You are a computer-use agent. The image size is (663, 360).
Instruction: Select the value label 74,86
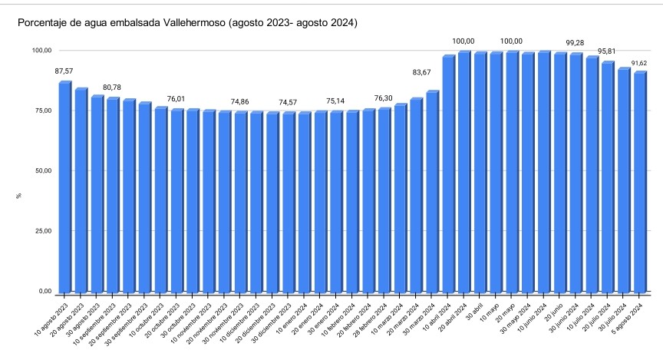(x=241, y=101)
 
